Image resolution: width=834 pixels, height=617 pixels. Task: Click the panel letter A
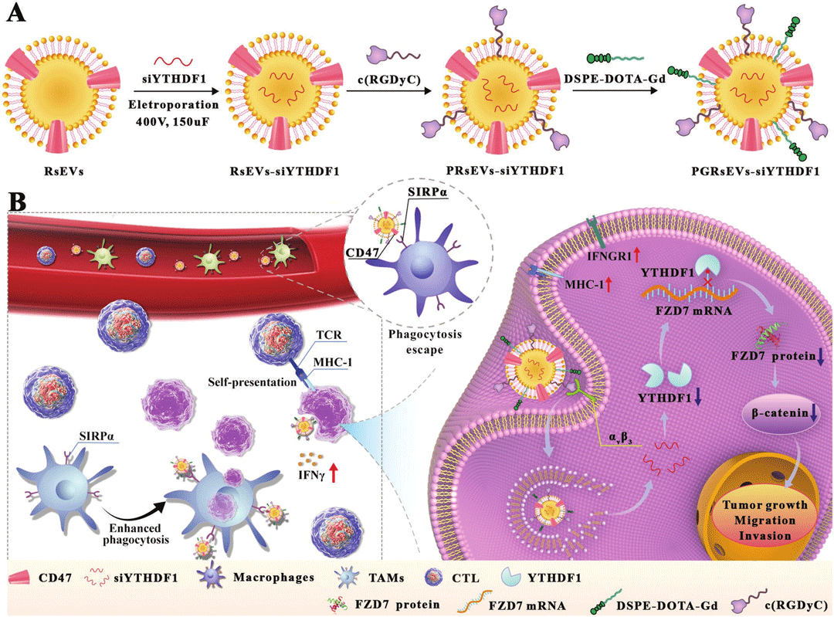pos(15,13)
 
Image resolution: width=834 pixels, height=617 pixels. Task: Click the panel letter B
pos(18,202)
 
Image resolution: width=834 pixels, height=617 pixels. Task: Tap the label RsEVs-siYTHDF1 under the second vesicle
pos(284,171)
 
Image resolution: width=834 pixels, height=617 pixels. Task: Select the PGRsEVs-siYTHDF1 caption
pos(755,171)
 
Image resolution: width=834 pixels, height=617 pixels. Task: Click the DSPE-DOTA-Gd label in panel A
pos(615,79)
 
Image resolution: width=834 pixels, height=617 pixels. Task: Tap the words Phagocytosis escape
pos(425,342)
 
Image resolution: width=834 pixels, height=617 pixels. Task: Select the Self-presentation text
pos(252,382)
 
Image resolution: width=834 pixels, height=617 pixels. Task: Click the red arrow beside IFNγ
pos(334,473)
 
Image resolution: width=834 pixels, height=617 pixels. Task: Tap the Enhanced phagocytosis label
pos(136,534)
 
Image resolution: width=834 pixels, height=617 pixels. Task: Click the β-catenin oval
pos(781,413)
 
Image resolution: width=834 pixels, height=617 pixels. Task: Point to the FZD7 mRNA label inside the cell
pos(693,310)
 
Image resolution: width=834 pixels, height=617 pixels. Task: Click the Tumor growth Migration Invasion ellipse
pos(764,520)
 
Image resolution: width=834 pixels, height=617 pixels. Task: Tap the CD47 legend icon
pos(20,577)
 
